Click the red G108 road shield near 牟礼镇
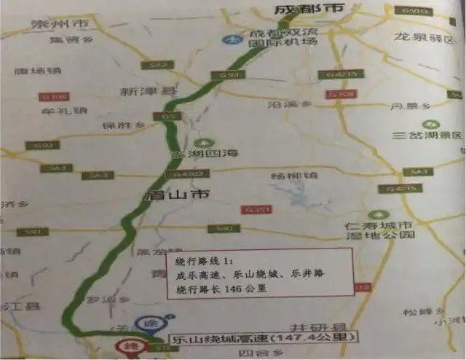(x=58, y=96)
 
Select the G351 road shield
(x=260, y=210)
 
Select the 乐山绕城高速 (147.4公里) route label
(x=245, y=338)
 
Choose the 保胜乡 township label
(x=117, y=125)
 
